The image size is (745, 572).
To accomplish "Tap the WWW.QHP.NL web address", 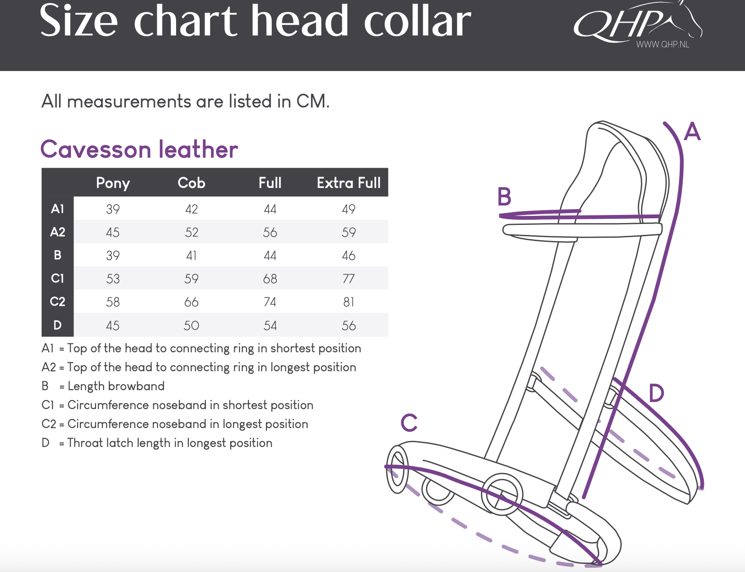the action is [662, 44].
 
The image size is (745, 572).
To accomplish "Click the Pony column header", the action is [113, 183].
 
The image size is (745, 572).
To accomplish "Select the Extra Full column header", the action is [349, 183].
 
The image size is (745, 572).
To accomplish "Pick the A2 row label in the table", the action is [57, 232].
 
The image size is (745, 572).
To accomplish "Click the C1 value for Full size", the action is [270, 278].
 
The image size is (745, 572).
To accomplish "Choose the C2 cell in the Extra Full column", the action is [349, 302].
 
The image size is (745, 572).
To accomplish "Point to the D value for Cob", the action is [191, 325].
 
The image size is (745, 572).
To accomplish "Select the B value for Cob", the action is [191, 256].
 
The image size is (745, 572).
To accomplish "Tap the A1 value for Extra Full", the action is [349, 209].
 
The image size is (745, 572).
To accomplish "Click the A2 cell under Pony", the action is [113, 232].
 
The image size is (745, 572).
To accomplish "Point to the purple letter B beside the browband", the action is [504, 197].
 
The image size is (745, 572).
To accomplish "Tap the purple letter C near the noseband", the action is [409, 422].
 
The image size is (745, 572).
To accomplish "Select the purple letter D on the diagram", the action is [656, 393].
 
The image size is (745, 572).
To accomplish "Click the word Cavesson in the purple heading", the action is [96, 150].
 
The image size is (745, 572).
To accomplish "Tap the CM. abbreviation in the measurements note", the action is [313, 101].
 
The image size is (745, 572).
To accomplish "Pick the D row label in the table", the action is [57, 325].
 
